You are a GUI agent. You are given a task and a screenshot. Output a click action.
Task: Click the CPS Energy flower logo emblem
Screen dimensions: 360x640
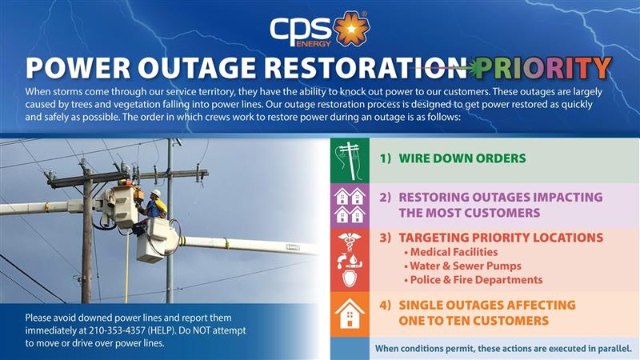(x=350, y=30)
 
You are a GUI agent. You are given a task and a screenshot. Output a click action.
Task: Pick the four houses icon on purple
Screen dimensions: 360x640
(x=350, y=205)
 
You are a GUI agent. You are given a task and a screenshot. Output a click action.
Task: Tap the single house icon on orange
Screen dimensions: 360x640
(x=350, y=314)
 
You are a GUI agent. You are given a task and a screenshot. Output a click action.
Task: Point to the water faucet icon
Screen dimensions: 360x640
(x=350, y=259)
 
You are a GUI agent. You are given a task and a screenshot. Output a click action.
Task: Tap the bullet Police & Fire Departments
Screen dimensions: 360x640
(x=475, y=280)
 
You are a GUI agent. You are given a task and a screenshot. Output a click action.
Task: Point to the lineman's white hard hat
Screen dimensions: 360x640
(x=158, y=194)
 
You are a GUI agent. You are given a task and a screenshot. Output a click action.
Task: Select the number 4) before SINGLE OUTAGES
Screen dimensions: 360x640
(x=385, y=305)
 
